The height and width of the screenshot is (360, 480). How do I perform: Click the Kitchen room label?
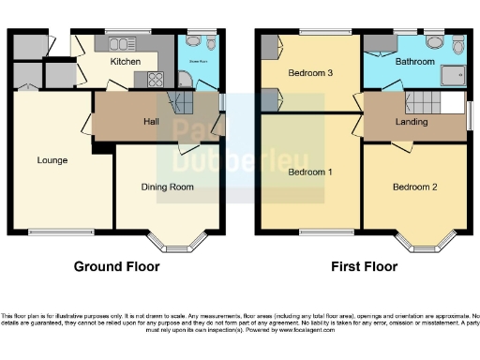click(x=126, y=62)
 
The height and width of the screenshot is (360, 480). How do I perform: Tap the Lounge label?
click(x=52, y=160)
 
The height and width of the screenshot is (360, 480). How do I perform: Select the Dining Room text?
click(x=168, y=187)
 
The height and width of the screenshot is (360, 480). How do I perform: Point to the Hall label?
click(x=150, y=123)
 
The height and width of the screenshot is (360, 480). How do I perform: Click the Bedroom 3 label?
click(x=310, y=72)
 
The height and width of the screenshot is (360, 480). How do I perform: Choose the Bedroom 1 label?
click(x=309, y=172)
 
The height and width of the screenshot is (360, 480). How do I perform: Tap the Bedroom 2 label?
click(x=415, y=187)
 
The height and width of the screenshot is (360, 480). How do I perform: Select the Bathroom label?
click(x=414, y=62)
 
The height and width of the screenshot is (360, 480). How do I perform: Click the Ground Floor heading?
click(x=116, y=266)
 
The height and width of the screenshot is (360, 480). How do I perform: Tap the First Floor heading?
click(x=365, y=266)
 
